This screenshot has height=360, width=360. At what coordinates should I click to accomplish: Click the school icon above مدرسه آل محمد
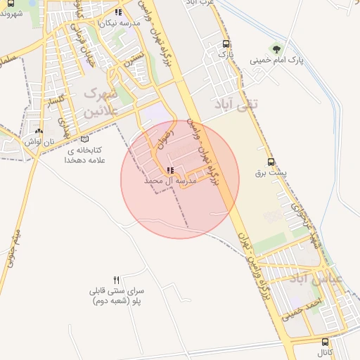coord(169,171)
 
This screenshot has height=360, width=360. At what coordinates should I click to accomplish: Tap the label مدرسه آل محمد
coord(169,181)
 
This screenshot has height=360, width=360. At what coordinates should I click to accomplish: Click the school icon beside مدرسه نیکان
coord(120,12)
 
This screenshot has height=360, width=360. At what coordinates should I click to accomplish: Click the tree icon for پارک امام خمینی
coord(276,49)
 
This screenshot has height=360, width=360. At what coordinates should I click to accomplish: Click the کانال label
coord(324,352)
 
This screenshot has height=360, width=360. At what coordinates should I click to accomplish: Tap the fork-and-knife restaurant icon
coord(117,279)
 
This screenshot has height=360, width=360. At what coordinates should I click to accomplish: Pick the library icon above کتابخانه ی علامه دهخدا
coord(85,140)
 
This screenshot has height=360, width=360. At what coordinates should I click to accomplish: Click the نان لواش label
coord(39,141)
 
